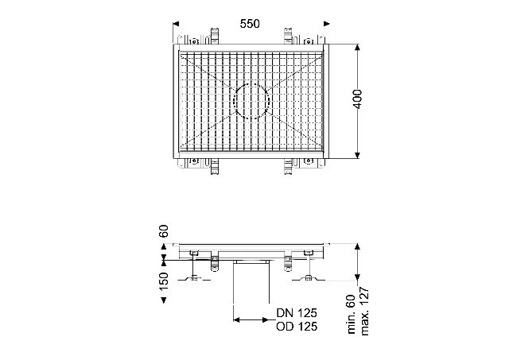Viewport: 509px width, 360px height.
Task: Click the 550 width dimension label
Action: [x=250, y=24]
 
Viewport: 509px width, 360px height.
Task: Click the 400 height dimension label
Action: [x=357, y=99]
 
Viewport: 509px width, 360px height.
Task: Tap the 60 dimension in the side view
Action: [x=164, y=231]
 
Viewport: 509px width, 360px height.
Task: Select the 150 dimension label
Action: [x=164, y=281]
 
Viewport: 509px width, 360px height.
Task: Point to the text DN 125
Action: [x=297, y=313]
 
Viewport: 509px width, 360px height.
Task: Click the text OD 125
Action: [x=297, y=327]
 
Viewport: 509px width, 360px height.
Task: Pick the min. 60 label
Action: [x=352, y=315]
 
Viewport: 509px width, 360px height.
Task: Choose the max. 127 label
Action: [x=365, y=312]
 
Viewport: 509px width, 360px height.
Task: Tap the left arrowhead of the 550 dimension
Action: [x=176, y=24]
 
